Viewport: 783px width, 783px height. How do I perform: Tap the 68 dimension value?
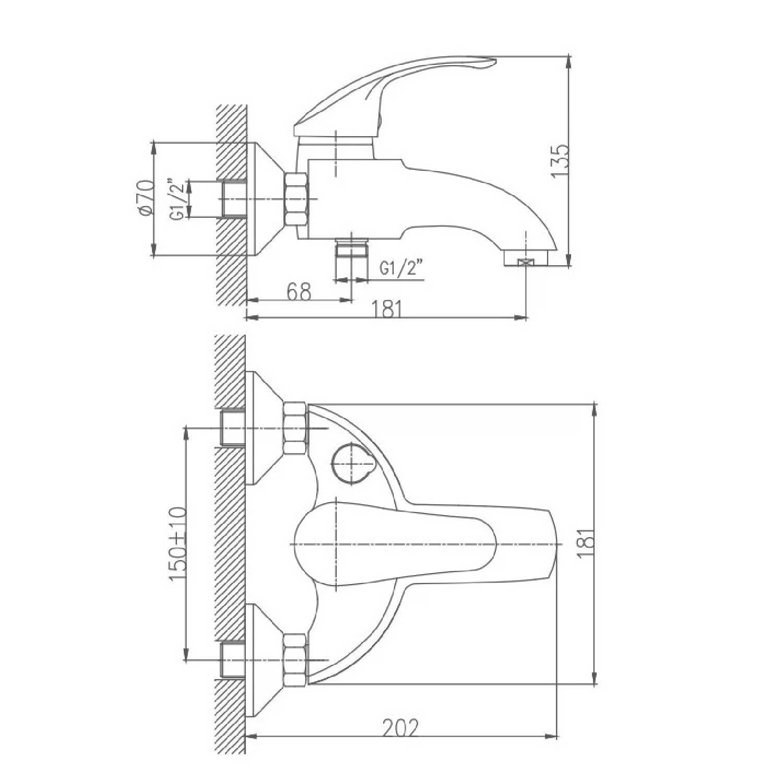coord(299,292)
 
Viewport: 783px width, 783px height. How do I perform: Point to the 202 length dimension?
coord(401,728)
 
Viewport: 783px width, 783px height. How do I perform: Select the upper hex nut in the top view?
coord(294,428)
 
